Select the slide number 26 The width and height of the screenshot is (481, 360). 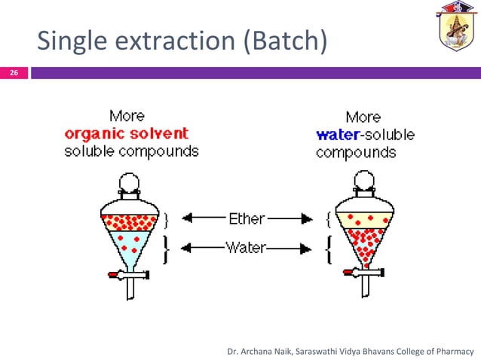14,73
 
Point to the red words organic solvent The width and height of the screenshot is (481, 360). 126,134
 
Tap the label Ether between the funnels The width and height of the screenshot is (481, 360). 246,219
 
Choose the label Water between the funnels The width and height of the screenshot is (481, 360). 246,248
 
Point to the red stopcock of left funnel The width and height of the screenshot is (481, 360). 115,275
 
